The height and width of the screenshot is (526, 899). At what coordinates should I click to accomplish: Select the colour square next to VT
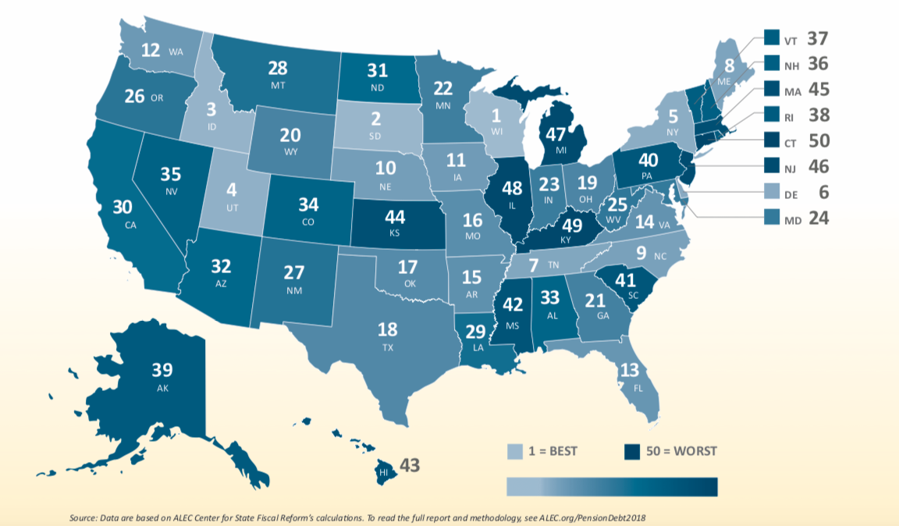[771, 37]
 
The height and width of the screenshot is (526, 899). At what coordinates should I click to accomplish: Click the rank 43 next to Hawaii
[410, 466]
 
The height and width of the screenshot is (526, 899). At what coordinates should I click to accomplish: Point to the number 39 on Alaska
[163, 370]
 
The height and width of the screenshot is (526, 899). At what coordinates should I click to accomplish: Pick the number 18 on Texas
[388, 329]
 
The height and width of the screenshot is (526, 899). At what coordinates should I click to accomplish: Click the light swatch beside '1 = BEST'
[516, 451]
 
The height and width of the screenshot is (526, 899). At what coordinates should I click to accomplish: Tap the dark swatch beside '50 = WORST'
[631, 451]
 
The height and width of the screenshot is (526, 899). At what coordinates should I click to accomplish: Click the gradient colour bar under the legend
[611, 486]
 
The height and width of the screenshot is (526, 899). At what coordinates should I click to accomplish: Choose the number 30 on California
[122, 208]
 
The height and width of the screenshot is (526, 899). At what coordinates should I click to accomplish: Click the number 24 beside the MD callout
[819, 218]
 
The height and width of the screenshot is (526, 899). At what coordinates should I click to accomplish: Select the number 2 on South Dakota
[375, 119]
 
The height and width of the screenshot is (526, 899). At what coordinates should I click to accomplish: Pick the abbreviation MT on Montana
[277, 84]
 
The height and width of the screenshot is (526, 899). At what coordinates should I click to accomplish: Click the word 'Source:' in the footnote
[83, 517]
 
